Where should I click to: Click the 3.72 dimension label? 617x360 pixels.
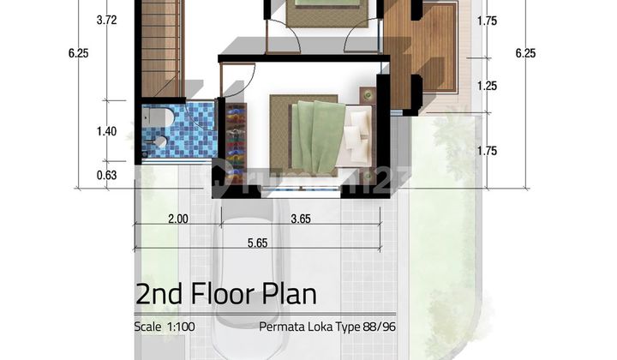(x=106, y=20)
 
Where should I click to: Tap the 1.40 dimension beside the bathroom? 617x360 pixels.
(x=106, y=131)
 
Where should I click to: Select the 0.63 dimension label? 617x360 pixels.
(x=106, y=175)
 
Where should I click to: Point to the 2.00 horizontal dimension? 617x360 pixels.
(x=178, y=219)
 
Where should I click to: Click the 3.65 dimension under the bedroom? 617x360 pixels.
(x=301, y=219)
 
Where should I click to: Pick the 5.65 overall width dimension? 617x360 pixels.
(x=258, y=243)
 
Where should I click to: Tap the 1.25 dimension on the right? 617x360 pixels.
(x=487, y=86)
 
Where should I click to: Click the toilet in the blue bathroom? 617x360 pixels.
(x=158, y=117)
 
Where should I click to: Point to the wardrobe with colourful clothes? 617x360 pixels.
(x=236, y=141)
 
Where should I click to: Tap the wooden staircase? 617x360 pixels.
(x=161, y=48)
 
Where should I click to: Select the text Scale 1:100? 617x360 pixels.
(x=165, y=327)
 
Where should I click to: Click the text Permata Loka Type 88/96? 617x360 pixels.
(x=327, y=327)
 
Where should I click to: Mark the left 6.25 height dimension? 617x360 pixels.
(x=78, y=53)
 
